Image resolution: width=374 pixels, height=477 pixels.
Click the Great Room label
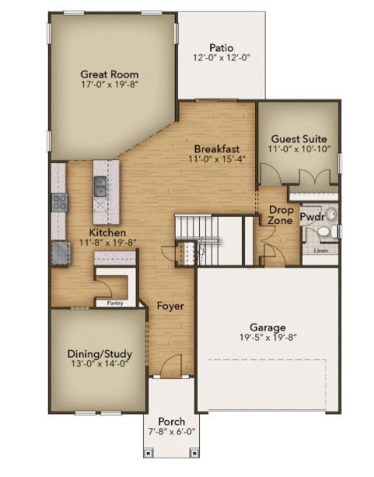click(109, 74)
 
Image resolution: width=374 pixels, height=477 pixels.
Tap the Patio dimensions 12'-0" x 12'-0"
click(222, 58)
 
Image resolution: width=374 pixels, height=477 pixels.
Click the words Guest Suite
click(299, 139)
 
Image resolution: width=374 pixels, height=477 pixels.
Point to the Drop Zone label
click(280, 215)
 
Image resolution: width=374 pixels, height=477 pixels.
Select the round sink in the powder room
click(330, 215)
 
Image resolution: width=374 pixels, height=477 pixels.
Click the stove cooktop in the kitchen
click(59, 201)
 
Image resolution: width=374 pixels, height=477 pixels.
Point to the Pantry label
click(114, 302)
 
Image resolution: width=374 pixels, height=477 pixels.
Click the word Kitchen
click(108, 231)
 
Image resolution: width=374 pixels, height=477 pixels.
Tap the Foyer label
click(170, 306)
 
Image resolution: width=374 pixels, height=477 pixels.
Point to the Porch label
click(171, 422)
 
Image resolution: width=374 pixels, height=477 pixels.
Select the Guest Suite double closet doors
click(310, 178)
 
